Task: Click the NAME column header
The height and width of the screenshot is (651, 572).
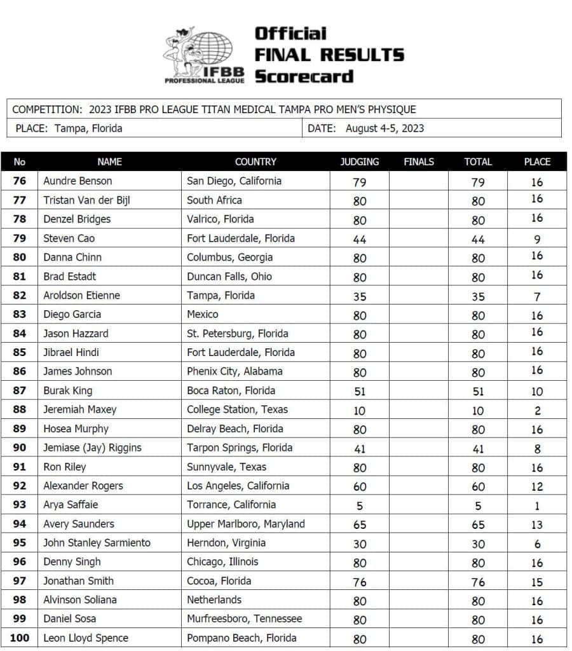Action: [109, 161]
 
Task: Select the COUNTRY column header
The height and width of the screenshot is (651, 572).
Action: [255, 161]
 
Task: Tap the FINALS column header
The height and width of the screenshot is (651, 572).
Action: [419, 161]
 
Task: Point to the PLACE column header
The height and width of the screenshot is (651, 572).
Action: [537, 161]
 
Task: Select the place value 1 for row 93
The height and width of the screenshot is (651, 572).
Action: [537, 506]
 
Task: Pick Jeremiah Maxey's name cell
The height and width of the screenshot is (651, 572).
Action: [79, 409]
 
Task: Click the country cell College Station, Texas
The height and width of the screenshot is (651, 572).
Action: [237, 409]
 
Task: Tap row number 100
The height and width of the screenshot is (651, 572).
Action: [20, 638]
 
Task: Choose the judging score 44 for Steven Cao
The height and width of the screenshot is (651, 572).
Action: [360, 239]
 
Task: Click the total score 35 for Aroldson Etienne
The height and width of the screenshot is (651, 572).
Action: [478, 296]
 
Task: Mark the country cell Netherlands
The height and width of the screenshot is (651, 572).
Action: [214, 600]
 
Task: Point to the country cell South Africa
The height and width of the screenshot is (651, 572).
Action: [215, 200]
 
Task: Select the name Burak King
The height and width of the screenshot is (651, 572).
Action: [67, 390]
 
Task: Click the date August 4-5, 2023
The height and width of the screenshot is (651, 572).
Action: [385, 128]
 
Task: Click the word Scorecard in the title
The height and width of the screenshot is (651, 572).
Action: [304, 76]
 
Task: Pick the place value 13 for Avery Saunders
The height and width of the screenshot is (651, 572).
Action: [537, 525]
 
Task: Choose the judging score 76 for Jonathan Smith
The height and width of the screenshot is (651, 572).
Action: [360, 582]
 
